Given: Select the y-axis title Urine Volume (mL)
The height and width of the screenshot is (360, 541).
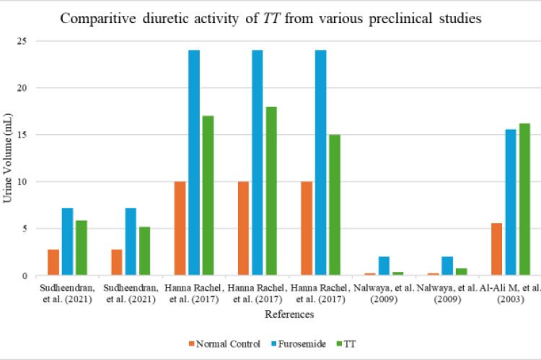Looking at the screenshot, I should [x=8, y=158].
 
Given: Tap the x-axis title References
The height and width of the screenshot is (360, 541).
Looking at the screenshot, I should [x=288, y=315].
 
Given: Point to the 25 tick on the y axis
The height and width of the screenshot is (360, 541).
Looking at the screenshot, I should [x=22, y=41].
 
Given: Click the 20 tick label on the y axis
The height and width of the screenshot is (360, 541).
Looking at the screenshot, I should [x=22, y=88].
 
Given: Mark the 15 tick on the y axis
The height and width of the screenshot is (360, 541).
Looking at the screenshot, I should [x=22, y=135].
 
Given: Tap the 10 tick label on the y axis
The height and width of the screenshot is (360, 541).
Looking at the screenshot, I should [x=22, y=182].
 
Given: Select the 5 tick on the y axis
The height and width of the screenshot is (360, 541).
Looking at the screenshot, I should [x=25, y=229].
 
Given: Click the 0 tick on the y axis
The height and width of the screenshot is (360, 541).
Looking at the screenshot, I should [x=25, y=276].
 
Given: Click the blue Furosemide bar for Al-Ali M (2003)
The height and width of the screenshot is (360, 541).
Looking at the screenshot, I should [x=510, y=203].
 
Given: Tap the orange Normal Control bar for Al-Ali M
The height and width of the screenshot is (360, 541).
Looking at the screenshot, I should [x=496, y=250].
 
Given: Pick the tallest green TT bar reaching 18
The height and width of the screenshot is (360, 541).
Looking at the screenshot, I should [x=270, y=191].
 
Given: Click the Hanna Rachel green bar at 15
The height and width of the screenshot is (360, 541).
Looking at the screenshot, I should [x=334, y=205].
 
